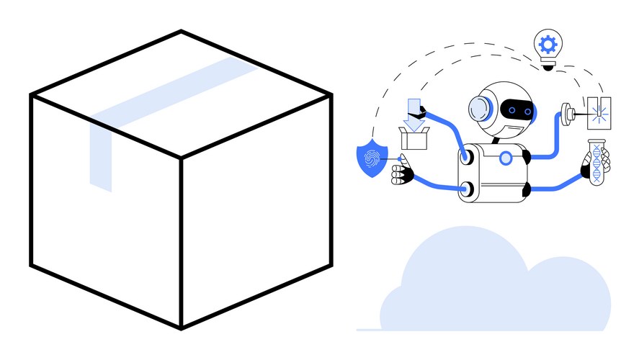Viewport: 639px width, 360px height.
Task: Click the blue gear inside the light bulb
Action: point(548,45)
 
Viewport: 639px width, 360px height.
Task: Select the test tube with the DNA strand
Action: point(596,162)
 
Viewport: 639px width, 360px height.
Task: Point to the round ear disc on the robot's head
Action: point(479,109)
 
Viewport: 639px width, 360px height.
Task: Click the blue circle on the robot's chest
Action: point(506,157)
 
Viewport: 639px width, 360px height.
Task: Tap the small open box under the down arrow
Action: point(414,138)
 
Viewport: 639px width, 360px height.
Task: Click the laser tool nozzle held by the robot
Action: point(568,112)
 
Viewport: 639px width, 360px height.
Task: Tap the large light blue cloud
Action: point(497,288)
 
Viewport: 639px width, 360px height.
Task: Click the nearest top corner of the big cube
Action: point(180,158)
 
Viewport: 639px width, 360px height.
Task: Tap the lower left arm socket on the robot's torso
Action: point(470,189)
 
